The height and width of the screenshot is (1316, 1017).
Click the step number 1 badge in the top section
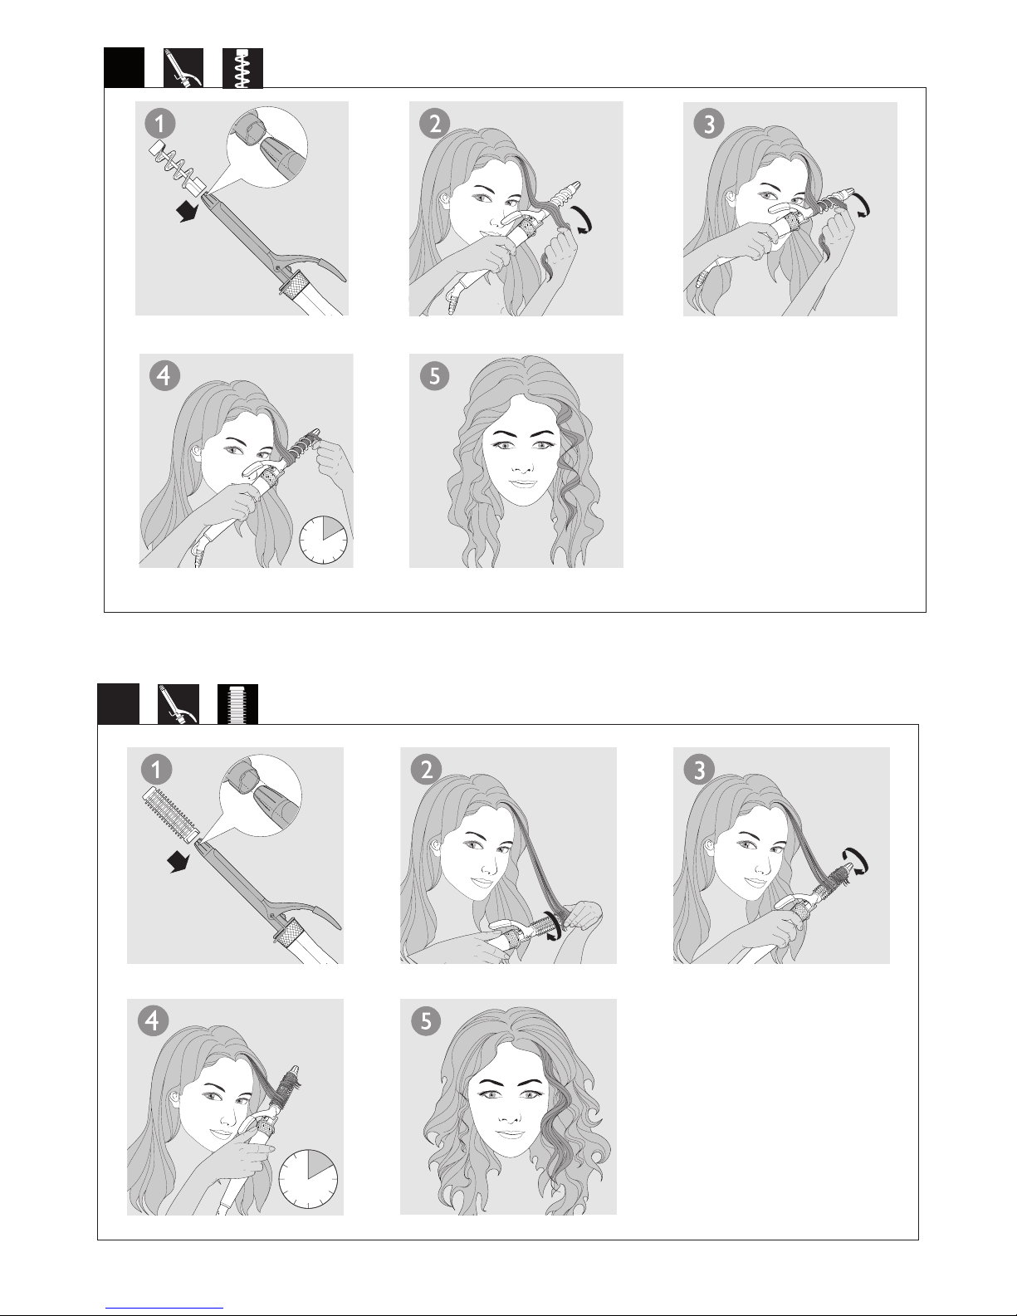click(159, 125)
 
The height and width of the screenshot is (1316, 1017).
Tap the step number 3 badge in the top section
click(709, 125)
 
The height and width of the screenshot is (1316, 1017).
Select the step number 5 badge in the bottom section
click(426, 1020)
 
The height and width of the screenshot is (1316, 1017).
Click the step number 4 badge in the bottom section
click(153, 1020)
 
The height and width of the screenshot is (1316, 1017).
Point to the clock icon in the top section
click(323, 540)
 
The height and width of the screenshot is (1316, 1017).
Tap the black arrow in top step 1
click(187, 212)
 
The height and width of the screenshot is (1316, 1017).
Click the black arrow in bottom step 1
click(180, 861)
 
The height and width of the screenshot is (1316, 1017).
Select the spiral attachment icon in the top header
click(242, 68)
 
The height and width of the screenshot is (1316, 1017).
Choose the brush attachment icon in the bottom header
click(238, 704)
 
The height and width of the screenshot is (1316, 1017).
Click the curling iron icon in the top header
click(183, 68)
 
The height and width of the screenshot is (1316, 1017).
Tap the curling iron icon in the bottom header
click(178, 704)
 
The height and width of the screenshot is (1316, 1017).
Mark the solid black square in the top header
click(124, 68)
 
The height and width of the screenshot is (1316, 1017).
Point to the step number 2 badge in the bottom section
click(426, 770)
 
